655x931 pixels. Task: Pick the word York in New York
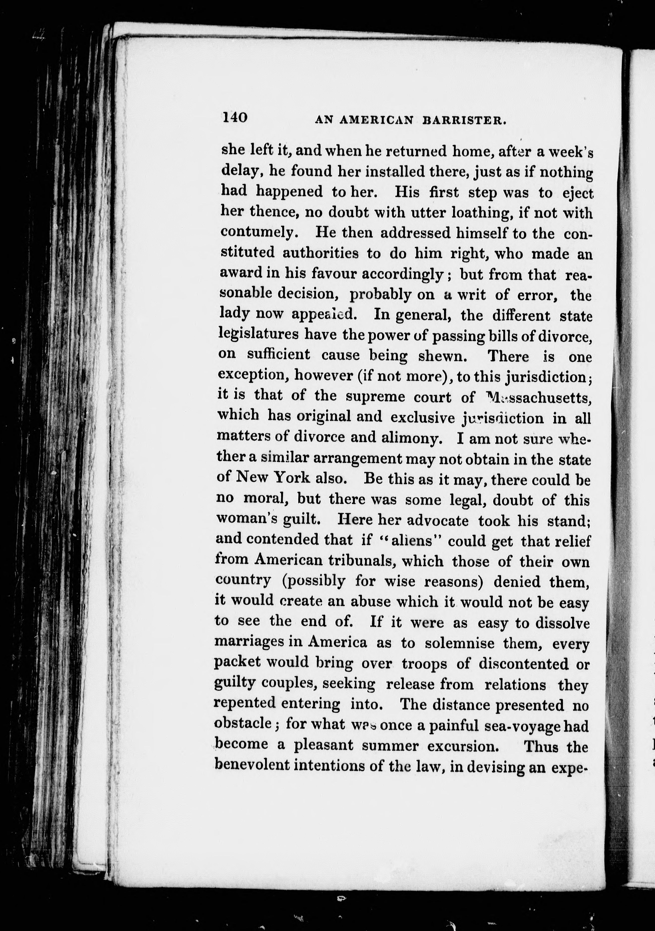tap(292, 478)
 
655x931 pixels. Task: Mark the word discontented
tap(524, 664)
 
